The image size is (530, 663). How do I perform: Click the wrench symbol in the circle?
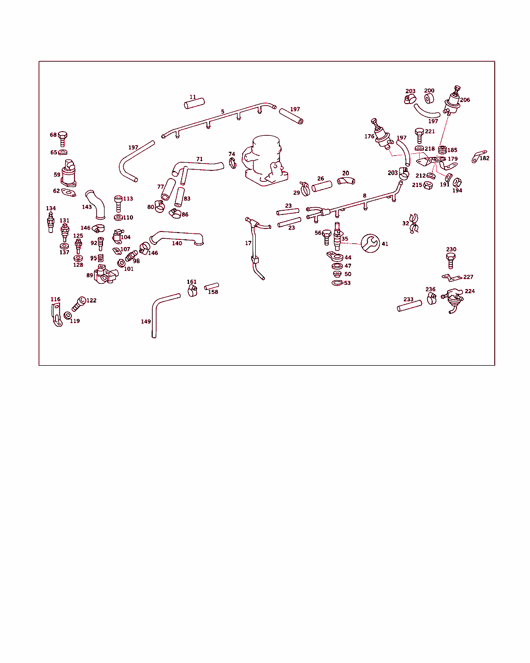point(370,243)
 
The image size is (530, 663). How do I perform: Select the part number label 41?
point(385,243)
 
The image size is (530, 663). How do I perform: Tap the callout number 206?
point(465,100)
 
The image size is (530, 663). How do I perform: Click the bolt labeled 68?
point(62,139)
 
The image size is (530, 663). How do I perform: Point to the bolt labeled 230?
point(450,261)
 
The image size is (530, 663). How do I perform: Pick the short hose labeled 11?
point(194,104)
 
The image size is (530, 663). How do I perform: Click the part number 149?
point(145,322)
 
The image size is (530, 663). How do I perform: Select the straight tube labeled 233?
point(409,306)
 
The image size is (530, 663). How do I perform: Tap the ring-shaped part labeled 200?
point(429,98)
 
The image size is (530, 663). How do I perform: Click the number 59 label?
point(57,175)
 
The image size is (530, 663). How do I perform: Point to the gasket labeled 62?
point(68,193)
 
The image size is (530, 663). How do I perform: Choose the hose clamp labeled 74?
point(232,163)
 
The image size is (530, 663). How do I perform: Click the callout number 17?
point(248,243)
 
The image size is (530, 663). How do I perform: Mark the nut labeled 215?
point(428,185)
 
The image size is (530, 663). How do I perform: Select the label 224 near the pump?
point(469,291)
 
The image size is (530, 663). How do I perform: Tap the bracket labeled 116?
point(56,314)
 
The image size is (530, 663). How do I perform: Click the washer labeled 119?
point(67,315)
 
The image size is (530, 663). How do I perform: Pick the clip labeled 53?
point(337,283)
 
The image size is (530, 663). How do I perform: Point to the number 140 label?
point(177,243)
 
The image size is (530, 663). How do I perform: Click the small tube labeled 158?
point(212,286)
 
